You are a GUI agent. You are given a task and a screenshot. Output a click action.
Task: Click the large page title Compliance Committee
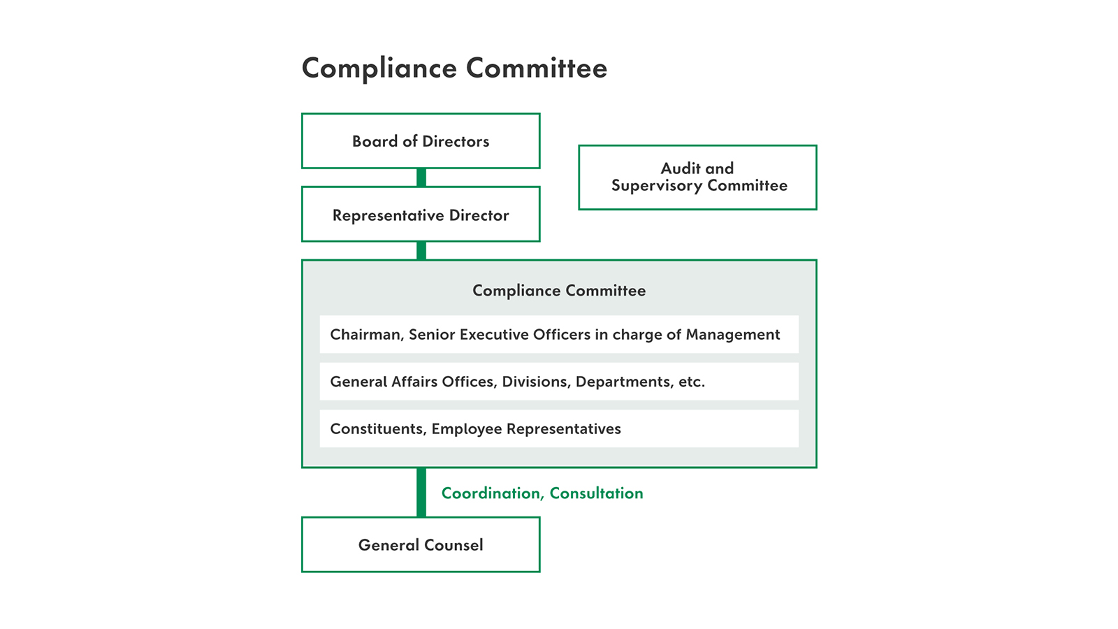pyautogui.click(x=454, y=68)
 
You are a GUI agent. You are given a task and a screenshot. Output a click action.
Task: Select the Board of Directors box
pyautogui.click(x=421, y=140)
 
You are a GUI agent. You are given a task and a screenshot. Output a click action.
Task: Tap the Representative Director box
pyautogui.click(x=421, y=214)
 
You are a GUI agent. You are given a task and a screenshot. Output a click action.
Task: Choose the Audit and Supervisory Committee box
pyautogui.click(x=698, y=178)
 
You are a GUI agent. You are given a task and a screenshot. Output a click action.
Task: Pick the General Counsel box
pyautogui.click(x=421, y=544)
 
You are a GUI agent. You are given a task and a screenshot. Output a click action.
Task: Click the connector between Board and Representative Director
pyautogui.click(x=421, y=178)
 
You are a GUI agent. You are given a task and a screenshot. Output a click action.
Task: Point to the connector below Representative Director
pyautogui.click(x=421, y=251)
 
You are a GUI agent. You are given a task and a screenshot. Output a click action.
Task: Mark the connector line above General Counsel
pyautogui.click(x=421, y=492)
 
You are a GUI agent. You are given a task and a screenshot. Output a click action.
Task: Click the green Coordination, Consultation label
pyautogui.click(x=542, y=493)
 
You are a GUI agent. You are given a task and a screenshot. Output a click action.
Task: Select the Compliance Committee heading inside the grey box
pyautogui.click(x=559, y=291)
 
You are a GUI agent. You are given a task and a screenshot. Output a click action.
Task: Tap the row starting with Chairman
pyautogui.click(x=559, y=334)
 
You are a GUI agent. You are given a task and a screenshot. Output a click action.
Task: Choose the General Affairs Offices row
pyautogui.click(x=559, y=382)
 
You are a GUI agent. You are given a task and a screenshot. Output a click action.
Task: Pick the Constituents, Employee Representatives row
pyautogui.click(x=559, y=429)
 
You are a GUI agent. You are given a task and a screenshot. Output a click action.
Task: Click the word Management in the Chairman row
pyautogui.click(x=733, y=335)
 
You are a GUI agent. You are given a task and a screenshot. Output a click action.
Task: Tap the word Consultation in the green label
pyautogui.click(x=597, y=493)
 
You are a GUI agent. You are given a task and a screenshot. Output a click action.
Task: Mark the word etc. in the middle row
pyautogui.click(x=692, y=382)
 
